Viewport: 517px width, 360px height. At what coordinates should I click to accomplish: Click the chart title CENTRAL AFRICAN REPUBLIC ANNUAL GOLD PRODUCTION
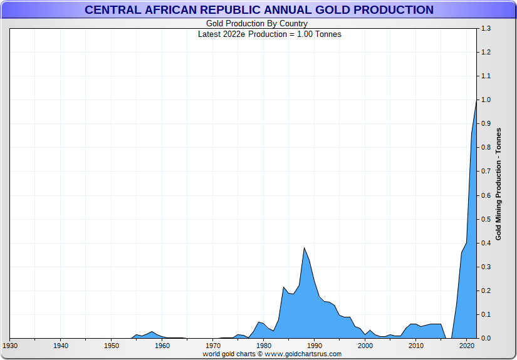click(259, 10)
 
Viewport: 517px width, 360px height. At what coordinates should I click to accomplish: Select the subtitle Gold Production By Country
click(257, 24)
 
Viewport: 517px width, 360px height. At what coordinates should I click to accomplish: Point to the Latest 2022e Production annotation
click(269, 34)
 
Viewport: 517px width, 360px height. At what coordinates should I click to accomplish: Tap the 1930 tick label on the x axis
click(10, 346)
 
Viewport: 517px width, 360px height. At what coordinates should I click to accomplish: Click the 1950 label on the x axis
click(111, 346)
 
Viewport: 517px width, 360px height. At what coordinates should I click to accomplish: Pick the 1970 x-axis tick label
click(212, 346)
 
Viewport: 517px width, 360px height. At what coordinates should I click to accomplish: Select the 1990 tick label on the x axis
click(314, 346)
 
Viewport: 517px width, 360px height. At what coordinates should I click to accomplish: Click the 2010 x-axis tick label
click(415, 346)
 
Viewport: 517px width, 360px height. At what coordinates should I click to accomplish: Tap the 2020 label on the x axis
click(466, 346)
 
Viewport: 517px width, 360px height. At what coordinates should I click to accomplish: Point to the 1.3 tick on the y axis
click(486, 29)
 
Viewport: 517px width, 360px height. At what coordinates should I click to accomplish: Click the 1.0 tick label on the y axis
click(486, 100)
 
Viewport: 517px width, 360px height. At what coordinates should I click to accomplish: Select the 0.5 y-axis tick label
click(486, 219)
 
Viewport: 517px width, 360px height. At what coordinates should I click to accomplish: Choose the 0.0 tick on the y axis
click(486, 338)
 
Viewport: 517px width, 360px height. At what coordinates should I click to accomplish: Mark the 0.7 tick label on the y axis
click(486, 172)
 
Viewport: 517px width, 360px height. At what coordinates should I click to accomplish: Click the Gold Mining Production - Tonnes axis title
click(499, 183)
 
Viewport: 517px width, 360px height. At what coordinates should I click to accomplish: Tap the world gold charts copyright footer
click(272, 354)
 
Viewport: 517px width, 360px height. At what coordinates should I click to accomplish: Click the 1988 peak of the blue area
click(304, 248)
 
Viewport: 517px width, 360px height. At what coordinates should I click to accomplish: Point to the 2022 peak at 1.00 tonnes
click(476, 101)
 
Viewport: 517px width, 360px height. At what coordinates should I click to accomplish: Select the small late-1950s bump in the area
click(152, 332)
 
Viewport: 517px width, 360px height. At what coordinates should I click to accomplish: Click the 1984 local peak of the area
click(284, 287)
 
